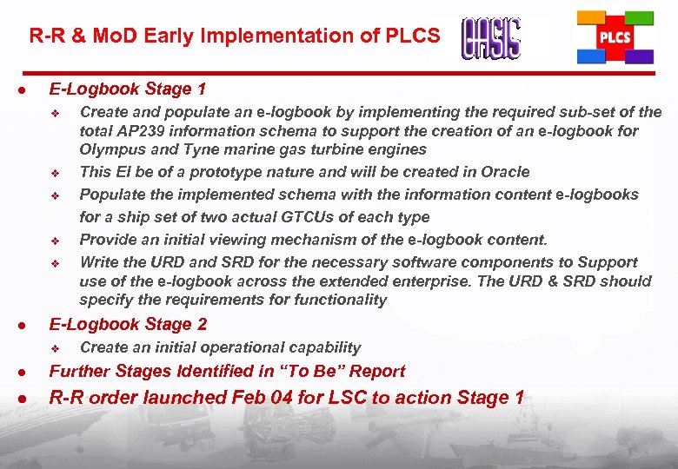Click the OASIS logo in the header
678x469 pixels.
pos(491,38)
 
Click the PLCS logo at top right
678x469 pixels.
pos(615,37)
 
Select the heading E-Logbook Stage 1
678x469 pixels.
pos(128,89)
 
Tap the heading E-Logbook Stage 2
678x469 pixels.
pos(128,324)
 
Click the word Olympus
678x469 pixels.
pos(110,149)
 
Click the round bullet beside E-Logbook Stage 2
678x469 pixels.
pos(28,326)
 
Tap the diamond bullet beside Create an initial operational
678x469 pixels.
pos(55,348)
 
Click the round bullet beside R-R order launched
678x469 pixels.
pos(28,400)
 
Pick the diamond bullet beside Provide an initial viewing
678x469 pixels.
pos(55,241)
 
